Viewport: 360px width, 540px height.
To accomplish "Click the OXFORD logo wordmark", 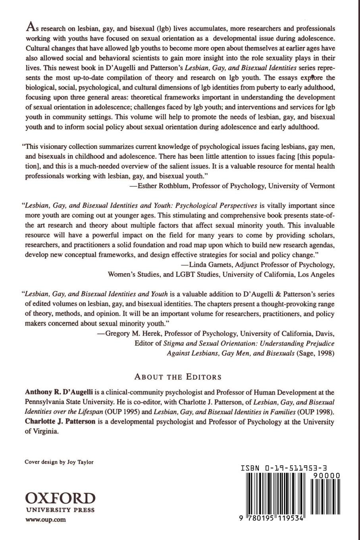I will [60, 498].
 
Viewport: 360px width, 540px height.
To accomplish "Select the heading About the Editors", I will [178, 376].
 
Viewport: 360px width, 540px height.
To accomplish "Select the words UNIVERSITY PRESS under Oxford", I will [60, 509].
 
